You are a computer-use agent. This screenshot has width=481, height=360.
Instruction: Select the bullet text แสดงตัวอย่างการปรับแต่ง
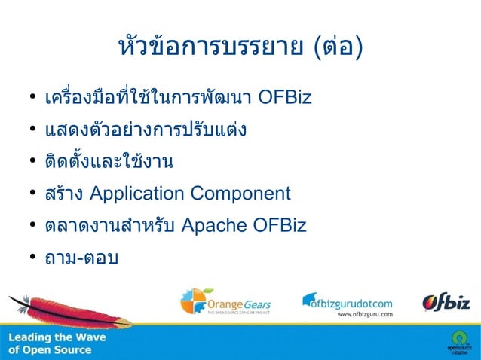146,130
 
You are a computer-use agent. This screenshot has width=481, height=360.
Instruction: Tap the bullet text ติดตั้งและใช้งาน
109,162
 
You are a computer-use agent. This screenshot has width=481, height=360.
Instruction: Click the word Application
137,194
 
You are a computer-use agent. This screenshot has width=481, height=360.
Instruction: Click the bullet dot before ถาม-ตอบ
33,258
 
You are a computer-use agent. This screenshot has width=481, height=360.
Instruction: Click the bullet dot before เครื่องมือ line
33,99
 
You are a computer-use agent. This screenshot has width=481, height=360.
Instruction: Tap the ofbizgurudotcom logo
348,301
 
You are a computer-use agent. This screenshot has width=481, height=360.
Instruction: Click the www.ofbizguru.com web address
365,315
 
